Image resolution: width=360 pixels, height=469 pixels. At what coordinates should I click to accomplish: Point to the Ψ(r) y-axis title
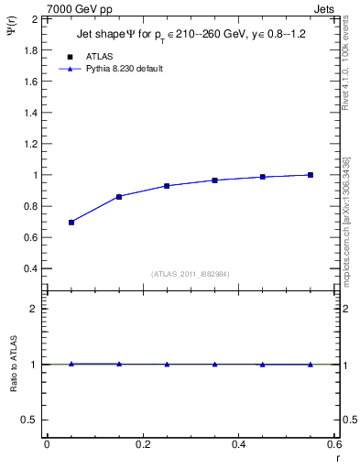pos(13,30)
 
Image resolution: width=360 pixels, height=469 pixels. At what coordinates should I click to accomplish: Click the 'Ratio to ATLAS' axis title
pos(14,364)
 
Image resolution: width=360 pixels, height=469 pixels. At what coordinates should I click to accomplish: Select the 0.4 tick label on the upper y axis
pos(30,268)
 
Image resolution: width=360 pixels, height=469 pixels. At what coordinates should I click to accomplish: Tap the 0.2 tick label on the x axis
pos(142,445)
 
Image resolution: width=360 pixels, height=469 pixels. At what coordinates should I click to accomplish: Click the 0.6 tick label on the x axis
pos(333,445)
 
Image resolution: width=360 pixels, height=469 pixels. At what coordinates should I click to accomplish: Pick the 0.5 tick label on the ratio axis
pos(30,420)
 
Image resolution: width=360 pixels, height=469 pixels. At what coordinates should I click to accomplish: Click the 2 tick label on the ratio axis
pos(35,309)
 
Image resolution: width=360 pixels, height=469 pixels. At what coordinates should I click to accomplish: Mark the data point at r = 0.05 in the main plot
pos(71,223)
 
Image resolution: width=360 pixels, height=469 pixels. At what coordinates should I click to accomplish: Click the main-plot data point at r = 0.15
pos(119,197)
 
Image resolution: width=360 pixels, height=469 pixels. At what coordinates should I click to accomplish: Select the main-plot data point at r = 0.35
pos(214,180)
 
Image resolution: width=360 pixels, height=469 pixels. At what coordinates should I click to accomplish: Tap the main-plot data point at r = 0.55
pos(311,175)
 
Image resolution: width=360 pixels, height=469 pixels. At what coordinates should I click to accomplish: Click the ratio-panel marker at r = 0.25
pos(167,364)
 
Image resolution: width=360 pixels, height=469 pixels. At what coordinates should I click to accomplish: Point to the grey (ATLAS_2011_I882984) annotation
pos(191,274)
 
